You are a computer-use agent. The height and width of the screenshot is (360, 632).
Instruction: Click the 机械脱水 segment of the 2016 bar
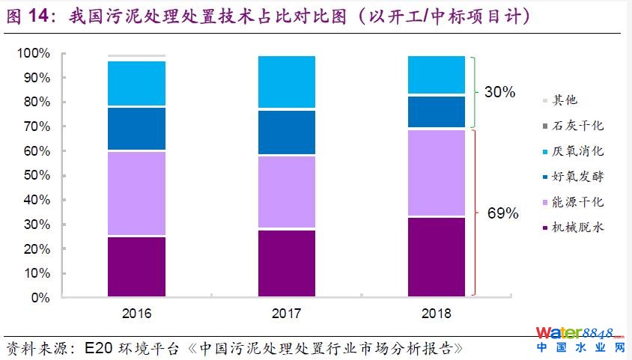(x=136, y=266)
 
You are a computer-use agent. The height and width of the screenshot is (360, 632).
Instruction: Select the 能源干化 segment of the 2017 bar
(x=287, y=192)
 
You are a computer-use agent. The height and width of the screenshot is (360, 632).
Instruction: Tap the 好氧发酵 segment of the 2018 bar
(x=437, y=112)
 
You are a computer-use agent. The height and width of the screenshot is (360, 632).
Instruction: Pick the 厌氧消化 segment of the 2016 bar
(x=136, y=83)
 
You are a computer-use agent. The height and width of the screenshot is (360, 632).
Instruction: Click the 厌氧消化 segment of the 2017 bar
(x=287, y=82)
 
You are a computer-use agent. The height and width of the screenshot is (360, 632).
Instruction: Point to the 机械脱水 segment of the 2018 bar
(x=437, y=257)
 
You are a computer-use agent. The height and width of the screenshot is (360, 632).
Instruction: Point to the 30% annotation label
(x=500, y=92)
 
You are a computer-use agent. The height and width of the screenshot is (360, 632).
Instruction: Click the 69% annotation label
(x=503, y=213)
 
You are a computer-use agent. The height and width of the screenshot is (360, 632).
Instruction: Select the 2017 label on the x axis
(x=287, y=312)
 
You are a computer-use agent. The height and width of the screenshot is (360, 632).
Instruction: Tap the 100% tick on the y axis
(x=34, y=54)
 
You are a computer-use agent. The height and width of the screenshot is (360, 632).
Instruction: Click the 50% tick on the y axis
(x=37, y=176)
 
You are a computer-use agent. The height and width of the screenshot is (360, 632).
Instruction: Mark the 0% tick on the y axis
(x=40, y=298)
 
